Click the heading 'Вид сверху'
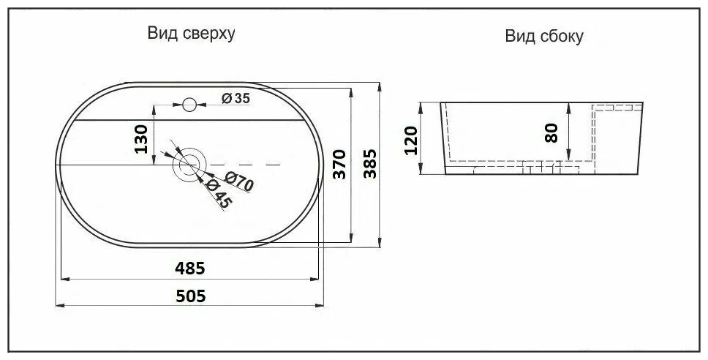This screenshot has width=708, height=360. [191, 34]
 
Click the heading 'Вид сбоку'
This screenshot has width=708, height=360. [543, 37]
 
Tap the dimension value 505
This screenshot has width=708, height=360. [189, 295]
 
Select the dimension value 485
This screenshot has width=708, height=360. [189, 268]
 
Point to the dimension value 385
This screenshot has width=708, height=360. [370, 165]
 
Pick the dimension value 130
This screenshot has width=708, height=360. [142, 138]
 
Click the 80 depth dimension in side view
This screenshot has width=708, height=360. [551, 132]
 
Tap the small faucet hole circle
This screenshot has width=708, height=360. [189, 105]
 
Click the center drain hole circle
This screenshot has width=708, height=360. [189, 165]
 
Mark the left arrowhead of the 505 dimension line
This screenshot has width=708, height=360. [61, 305]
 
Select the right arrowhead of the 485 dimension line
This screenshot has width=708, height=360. [316, 279]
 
